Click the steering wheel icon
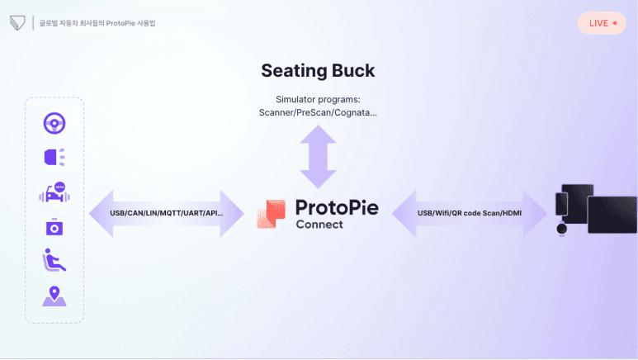point(54,124)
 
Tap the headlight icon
point(54,157)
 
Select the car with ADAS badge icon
point(54,192)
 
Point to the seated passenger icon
point(54,261)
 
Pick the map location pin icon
point(54,296)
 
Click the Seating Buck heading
point(319,70)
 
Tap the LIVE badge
point(603,23)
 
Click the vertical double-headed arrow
point(319,161)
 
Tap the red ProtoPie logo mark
point(271,214)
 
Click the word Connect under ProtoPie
point(319,225)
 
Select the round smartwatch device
point(562,228)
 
